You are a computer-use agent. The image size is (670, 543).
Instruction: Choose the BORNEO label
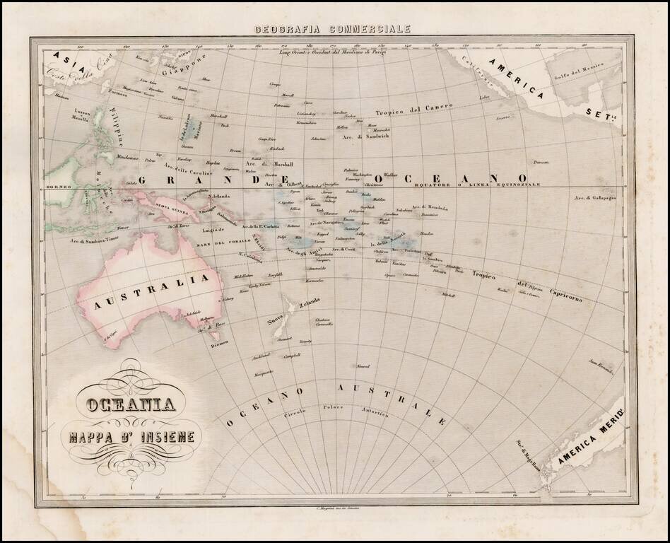[x=56, y=187]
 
